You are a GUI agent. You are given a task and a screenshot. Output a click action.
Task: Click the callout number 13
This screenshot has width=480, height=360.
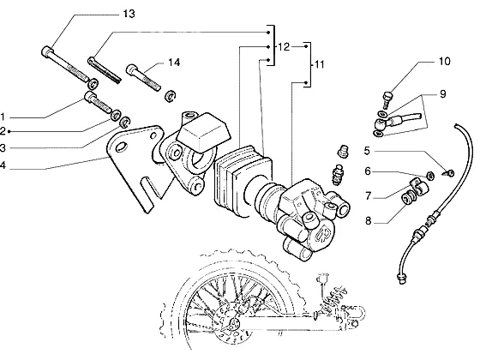129,14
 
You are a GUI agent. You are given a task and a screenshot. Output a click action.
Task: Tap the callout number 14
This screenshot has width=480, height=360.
174,63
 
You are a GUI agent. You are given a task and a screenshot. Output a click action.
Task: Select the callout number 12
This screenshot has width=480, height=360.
284,47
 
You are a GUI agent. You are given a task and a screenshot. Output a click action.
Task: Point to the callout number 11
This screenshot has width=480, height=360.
319,64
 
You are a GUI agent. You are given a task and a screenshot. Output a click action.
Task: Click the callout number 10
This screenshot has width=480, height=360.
445,61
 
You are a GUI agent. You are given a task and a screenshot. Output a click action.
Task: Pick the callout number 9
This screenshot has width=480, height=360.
442,94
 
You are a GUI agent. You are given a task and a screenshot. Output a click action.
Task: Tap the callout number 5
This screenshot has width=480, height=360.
367,151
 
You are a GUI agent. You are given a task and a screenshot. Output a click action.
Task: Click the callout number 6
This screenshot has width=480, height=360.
368,171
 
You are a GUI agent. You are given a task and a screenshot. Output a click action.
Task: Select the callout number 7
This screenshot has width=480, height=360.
369,195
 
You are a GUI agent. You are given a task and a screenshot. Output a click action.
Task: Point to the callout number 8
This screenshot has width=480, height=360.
368,221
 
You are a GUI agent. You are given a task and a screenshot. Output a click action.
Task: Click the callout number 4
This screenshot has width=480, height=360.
3,165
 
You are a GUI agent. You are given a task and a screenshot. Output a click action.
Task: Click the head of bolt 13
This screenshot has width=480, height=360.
47,51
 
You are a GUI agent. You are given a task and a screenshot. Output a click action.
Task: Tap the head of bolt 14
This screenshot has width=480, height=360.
132,69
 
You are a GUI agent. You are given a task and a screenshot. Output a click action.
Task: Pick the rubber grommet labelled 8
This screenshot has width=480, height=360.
409,198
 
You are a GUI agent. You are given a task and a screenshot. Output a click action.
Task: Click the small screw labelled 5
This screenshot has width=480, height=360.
449,173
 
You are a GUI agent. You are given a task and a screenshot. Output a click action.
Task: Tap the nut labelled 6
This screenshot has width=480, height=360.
430,176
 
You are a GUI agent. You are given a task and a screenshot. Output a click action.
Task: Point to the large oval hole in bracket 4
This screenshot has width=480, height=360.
121,147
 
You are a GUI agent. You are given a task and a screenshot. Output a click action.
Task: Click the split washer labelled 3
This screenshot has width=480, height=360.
125,122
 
